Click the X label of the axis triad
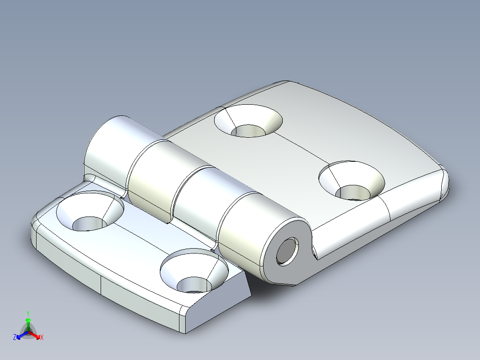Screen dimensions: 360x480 [42, 338]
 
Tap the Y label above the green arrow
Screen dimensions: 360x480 [28, 313]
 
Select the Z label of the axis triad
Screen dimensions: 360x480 [15, 337]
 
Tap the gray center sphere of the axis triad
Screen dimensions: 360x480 [28, 332]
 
